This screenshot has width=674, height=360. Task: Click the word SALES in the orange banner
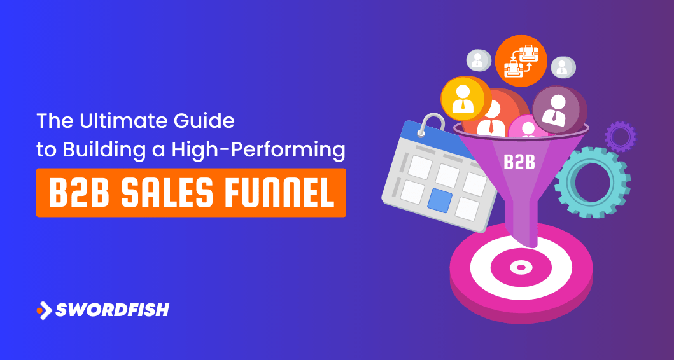[168, 193]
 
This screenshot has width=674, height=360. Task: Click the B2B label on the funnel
[518, 162]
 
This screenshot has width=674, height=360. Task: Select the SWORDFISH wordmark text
[112, 310]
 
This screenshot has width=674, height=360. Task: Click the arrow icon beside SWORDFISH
[44, 310]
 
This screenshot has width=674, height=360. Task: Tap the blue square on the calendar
[439, 200]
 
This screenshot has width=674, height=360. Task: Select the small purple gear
[620, 135]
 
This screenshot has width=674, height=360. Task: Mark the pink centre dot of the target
[520, 267]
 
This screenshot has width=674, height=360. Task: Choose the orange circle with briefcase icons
[521, 60]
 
